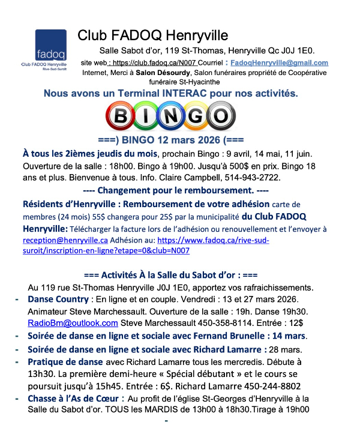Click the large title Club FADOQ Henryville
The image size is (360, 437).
(x=153, y=35)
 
